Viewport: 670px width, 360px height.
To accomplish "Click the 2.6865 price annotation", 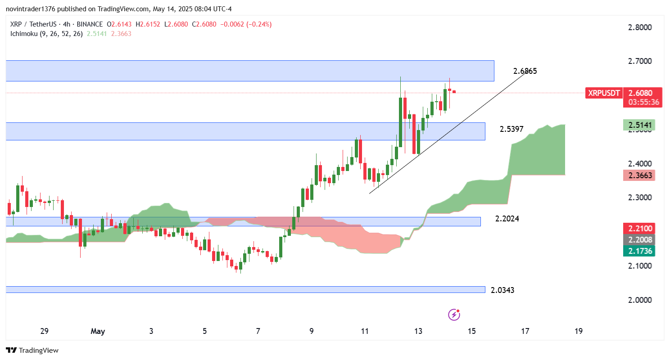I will point(525,71).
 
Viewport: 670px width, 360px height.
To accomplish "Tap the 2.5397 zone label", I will point(512,129).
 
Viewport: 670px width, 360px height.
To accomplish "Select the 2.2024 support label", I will point(507,219).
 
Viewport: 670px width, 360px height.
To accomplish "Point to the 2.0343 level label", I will point(502,290).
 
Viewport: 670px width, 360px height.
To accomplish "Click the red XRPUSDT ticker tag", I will point(604,93).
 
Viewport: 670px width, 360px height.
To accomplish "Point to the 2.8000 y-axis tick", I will point(639,27).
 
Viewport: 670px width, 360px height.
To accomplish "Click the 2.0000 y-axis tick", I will point(639,300).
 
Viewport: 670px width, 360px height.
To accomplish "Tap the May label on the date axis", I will point(98,332).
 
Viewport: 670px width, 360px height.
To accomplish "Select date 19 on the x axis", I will point(579,332).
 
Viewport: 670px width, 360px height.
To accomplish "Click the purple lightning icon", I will point(454,315).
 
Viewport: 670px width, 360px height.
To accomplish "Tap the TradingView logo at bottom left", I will point(32,350).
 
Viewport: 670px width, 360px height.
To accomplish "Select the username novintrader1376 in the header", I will point(31,9).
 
